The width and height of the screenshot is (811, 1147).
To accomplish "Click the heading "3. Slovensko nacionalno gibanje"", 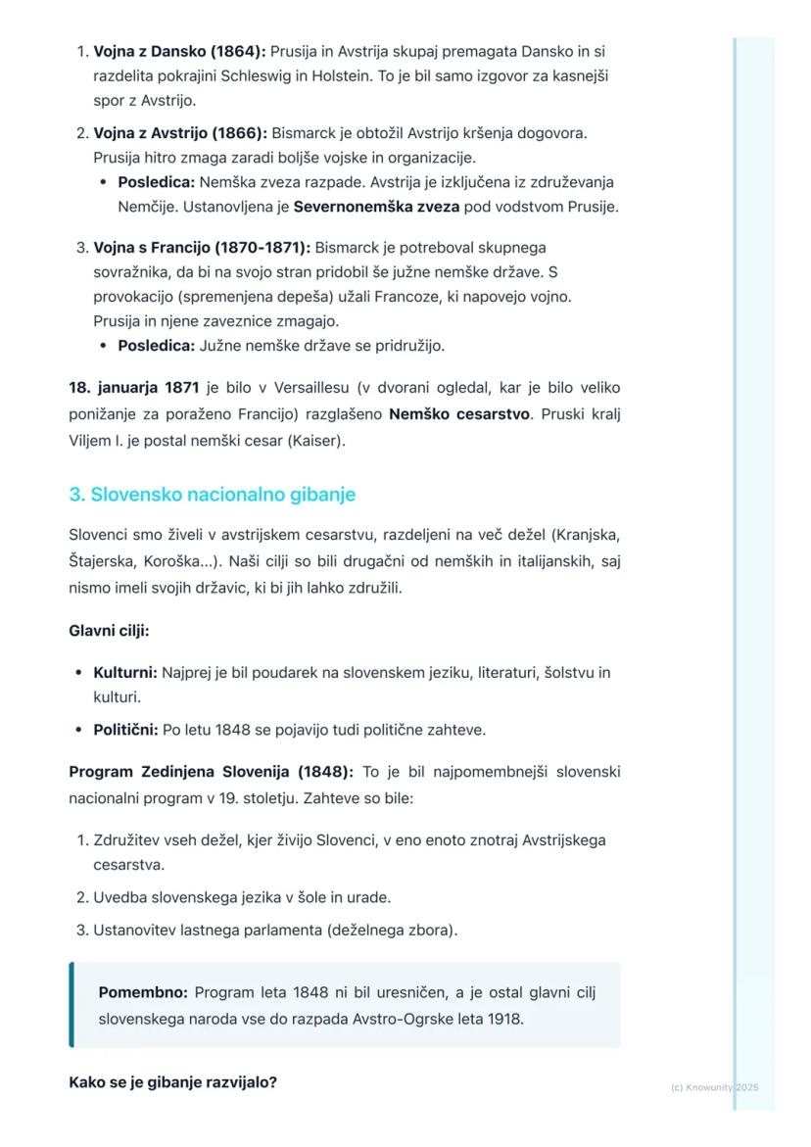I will [212, 495].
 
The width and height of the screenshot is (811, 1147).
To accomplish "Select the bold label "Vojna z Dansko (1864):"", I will [179, 51].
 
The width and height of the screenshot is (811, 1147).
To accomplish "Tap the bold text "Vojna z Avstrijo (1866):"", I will [180, 132].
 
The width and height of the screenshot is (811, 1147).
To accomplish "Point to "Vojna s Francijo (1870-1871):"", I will [202, 248].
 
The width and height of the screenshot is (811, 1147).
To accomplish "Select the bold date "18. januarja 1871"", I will [133, 388].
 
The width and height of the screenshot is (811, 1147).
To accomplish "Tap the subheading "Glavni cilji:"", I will [109, 631].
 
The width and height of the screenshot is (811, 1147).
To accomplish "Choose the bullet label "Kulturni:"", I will [125, 673].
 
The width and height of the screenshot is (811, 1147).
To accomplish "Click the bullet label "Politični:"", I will [125, 730].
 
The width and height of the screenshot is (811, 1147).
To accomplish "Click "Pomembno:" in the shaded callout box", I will [143, 993].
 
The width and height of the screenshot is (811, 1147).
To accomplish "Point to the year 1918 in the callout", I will [505, 1019].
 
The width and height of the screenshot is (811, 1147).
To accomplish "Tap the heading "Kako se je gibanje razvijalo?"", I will [172, 1082].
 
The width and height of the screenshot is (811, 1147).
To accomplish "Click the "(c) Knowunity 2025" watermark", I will [714, 1087].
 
